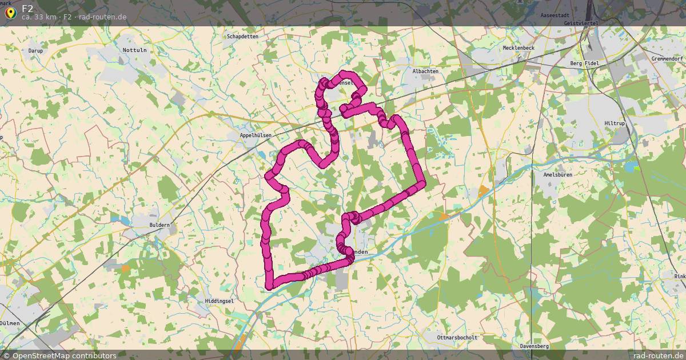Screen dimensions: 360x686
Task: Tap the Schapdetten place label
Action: [242, 36]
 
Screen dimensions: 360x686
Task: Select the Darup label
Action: [35, 50]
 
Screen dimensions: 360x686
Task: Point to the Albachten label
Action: [425, 71]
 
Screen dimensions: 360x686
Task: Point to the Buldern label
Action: [159, 225]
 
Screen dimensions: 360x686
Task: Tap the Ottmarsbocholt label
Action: [457, 337]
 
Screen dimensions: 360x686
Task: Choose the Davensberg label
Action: [535, 346]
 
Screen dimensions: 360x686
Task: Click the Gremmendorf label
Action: [667, 59]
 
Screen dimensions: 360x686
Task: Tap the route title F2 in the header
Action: [28, 9]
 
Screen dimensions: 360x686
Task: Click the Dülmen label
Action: [10, 323]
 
